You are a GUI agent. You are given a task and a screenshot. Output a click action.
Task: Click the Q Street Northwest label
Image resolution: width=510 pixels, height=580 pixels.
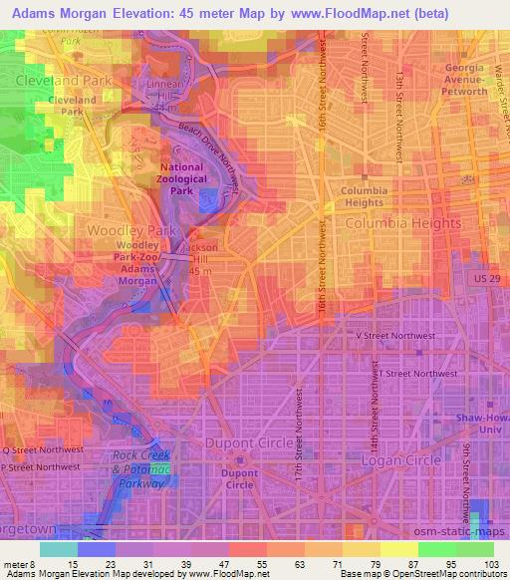coord(39,448)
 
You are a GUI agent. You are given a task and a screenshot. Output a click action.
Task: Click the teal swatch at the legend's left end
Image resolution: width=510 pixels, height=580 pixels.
coord(58,549)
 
